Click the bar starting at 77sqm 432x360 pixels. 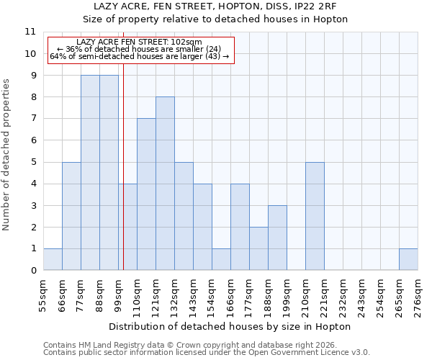(x=90, y=173)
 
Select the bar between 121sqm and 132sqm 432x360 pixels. (x=165, y=184)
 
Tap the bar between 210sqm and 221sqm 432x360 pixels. (x=315, y=216)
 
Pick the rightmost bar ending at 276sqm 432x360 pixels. (x=408, y=259)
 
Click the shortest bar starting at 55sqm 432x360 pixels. (x=53, y=259)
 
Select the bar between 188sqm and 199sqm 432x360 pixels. (x=277, y=238)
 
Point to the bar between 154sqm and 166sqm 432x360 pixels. (x=221, y=259)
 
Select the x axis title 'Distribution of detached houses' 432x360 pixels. (x=230, y=326)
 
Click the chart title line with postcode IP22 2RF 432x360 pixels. (x=225, y=6)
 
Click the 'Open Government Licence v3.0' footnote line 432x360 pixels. (x=207, y=353)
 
